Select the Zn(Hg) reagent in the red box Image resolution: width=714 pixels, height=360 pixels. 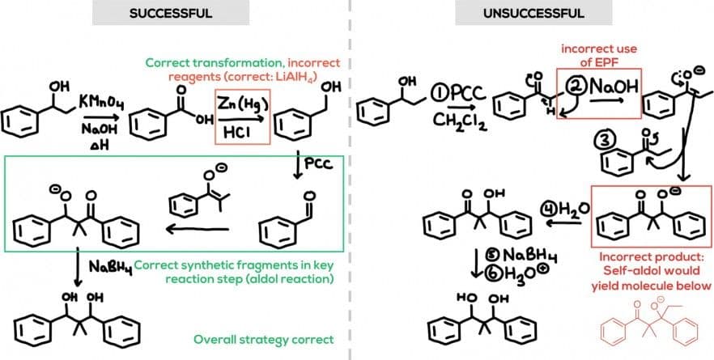click(240, 104)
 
